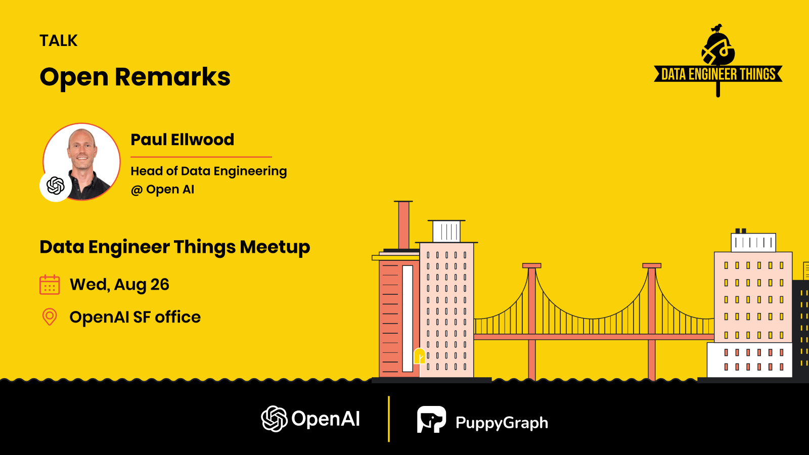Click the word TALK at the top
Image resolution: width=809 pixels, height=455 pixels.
[x=59, y=40]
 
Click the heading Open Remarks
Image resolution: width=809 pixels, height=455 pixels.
[x=134, y=77]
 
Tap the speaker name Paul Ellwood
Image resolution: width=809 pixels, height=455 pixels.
[x=183, y=140]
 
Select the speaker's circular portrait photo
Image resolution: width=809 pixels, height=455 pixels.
[x=82, y=162]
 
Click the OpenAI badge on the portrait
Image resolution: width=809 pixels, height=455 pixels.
[x=56, y=186]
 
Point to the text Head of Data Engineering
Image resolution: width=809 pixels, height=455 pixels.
[x=209, y=171]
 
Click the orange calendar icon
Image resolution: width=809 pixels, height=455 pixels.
[x=50, y=285]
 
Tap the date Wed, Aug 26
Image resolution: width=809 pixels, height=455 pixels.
[x=119, y=285]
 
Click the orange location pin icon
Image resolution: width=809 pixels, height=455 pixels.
[x=50, y=317]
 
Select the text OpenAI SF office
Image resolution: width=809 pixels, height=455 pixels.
[x=135, y=317]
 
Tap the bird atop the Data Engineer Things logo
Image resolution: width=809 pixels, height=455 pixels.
[x=716, y=28]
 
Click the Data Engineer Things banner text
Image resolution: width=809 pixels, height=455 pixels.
[x=718, y=74]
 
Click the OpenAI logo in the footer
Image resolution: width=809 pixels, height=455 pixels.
[x=310, y=419]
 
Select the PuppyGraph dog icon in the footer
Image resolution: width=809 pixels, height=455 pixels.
[x=432, y=419]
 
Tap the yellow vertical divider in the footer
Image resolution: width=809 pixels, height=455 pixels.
[x=389, y=419]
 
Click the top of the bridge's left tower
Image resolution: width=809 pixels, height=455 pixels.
[x=531, y=265]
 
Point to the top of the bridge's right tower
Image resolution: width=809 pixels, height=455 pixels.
[x=652, y=265]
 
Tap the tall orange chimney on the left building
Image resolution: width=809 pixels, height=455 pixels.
[x=404, y=224]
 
